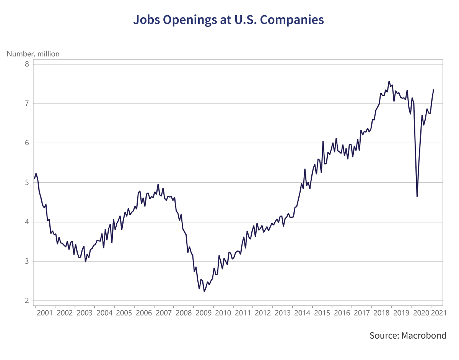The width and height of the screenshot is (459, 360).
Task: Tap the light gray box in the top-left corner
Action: pos(36,34)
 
